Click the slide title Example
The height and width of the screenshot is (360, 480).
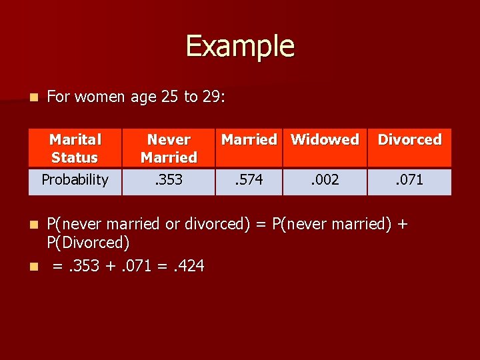pyautogui.click(x=240, y=46)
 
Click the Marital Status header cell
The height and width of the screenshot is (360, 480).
pyautogui.click(x=75, y=148)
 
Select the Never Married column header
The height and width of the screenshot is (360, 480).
pyautogui.click(x=169, y=148)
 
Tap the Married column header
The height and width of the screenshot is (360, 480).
pyautogui.click(x=249, y=140)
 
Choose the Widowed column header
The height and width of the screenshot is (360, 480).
pyautogui.click(x=325, y=140)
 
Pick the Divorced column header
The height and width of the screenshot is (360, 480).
pyautogui.click(x=409, y=140)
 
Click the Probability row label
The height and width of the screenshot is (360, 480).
pyautogui.click(x=75, y=179)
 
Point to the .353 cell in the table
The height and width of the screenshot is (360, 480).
pyautogui.click(x=169, y=179)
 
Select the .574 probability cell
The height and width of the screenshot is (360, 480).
pyautogui.click(x=249, y=179)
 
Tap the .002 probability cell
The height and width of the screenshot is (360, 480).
pyautogui.click(x=325, y=179)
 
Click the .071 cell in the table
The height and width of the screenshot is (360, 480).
pyautogui.click(x=409, y=179)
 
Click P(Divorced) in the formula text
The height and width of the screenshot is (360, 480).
pyautogui.click(x=88, y=242)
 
